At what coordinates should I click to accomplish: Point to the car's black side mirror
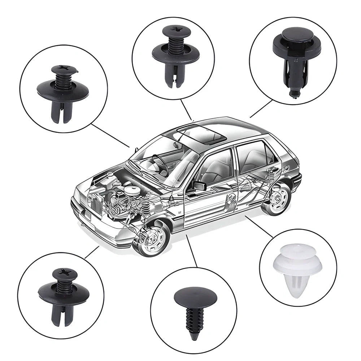tap(199, 186)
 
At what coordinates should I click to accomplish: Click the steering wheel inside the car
tap(159, 162)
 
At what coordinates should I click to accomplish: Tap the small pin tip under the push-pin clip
tap(294, 94)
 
